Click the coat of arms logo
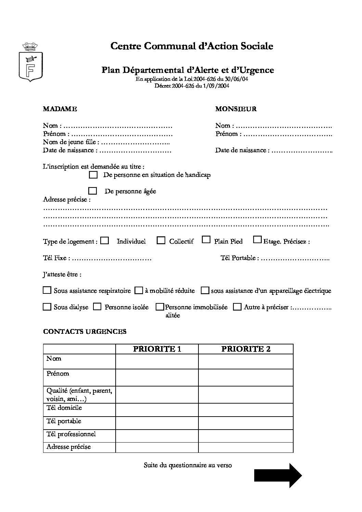tap(30, 62)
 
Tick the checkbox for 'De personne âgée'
tap(92, 191)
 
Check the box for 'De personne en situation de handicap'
tap(93, 175)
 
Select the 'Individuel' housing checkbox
tap(105, 240)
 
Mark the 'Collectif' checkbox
tap(161, 240)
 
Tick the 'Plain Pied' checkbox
tap(206, 240)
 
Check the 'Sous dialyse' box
tap(47, 307)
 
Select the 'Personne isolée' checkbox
tap(98, 307)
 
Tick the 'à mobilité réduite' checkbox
tap(139, 291)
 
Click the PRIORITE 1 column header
tap(157, 349)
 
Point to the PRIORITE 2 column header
tap(246, 349)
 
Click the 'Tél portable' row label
tap(64, 421)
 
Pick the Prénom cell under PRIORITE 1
tap(157, 378)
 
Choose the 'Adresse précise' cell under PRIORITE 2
tap(246, 447)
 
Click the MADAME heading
tap(60, 109)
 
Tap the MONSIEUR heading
tap(236, 109)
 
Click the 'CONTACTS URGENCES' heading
tap(85, 331)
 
